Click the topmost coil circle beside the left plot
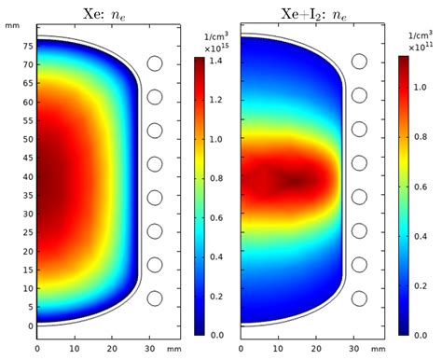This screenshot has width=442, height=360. pos(155,63)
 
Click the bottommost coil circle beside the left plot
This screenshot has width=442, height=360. pos(155,298)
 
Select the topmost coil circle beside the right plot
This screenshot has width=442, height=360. pos(359,63)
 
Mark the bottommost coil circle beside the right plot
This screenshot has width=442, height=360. pos(359,298)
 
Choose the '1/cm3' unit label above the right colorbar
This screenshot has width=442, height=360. pos(420,35)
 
